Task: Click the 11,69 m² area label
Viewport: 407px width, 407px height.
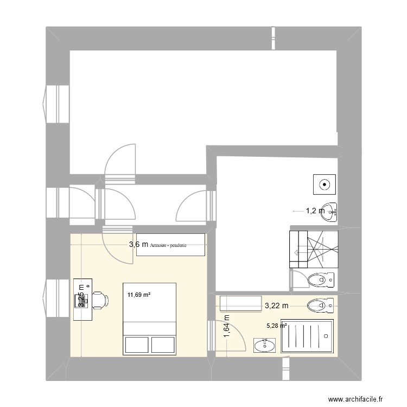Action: coord(139,295)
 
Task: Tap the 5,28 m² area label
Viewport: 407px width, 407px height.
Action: coord(276,326)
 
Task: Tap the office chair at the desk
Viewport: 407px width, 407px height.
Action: coord(98,299)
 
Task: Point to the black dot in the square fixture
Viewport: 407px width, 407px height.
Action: coord(325,184)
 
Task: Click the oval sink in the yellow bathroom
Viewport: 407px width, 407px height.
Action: coord(264,345)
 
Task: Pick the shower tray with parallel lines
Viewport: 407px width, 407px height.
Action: coord(307,336)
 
